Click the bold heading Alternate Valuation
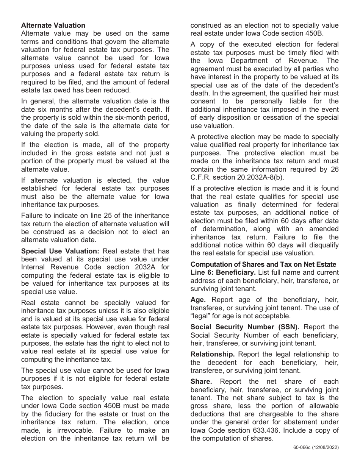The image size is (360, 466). pyautogui.click(x=53, y=25)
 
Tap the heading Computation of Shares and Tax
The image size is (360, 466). pyautogui.click(x=263, y=264)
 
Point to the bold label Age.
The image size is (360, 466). pyautogui.click(x=198, y=300)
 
